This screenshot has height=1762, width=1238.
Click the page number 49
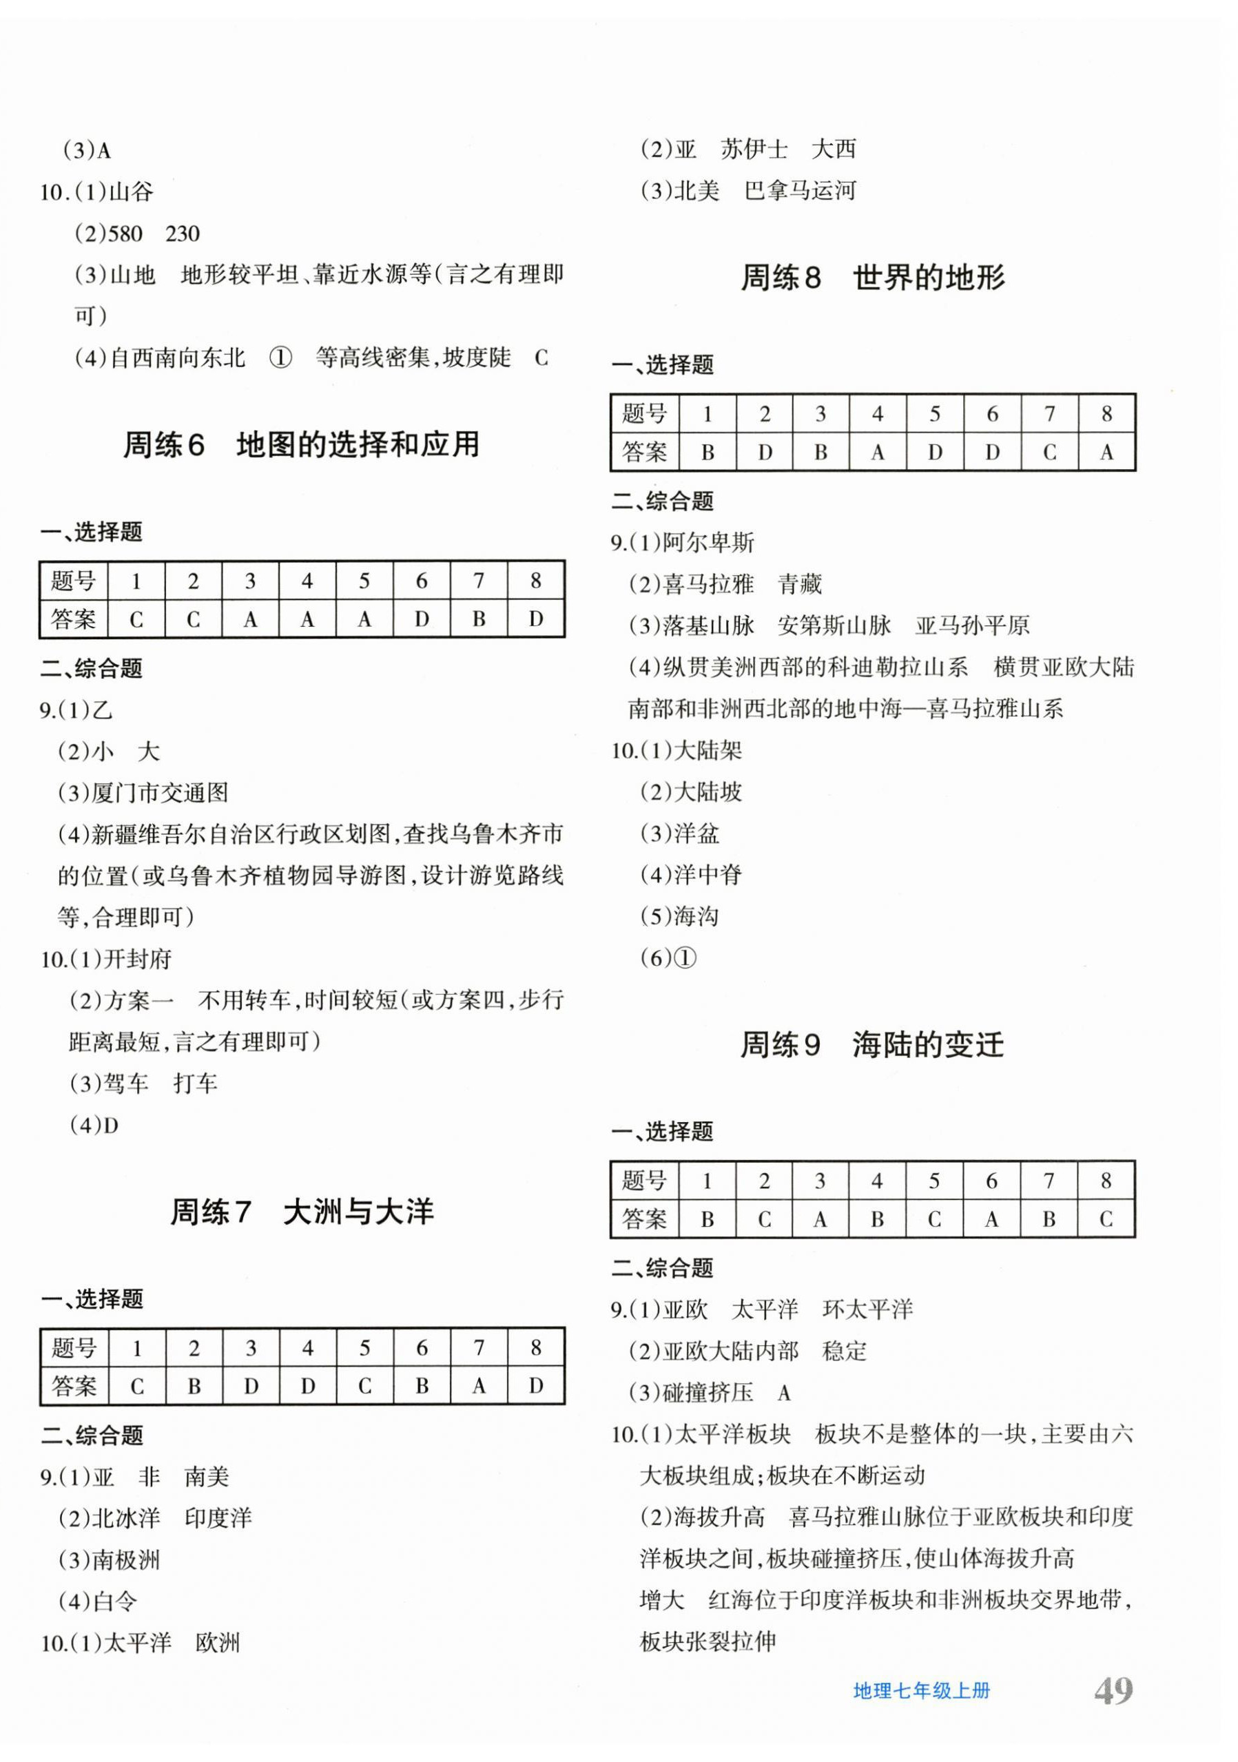pyautogui.click(x=1112, y=1690)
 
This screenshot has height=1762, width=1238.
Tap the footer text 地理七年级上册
pyautogui.click(x=921, y=1690)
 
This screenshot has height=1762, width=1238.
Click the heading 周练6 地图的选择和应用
pyautogui.click(x=302, y=444)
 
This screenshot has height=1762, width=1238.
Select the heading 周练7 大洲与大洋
pyautogui.click(x=302, y=1212)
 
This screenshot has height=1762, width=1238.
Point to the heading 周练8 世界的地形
pyautogui.click(x=872, y=277)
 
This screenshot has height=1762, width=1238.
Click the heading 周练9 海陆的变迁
pyautogui.click(x=872, y=1044)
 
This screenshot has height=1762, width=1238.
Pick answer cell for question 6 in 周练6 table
pyautogui.click(x=422, y=619)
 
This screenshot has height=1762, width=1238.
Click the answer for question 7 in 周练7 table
pyautogui.click(x=479, y=1385)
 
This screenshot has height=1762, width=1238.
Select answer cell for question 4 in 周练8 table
pyautogui.click(x=877, y=452)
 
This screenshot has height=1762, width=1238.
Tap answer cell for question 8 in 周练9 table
pyautogui.click(x=1105, y=1219)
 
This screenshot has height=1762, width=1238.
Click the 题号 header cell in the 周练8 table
pyautogui.click(x=644, y=414)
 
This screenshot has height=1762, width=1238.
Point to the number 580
pyautogui.click(x=125, y=234)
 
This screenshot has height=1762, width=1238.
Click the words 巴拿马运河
pyautogui.click(x=800, y=190)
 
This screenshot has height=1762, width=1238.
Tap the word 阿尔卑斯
pyautogui.click(x=708, y=543)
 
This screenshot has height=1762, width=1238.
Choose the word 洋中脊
pyautogui.click(x=708, y=875)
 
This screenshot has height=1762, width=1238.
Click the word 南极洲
pyautogui.click(x=126, y=1559)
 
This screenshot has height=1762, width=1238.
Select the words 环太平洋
pyautogui.click(x=867, y=1309)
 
